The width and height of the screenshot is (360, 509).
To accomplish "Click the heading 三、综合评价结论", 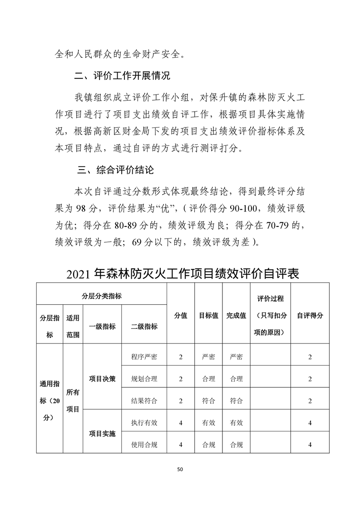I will point(116,170).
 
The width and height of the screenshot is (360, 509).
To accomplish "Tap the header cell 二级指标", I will point(144,326).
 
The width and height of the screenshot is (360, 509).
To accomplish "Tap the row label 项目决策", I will point(102,379).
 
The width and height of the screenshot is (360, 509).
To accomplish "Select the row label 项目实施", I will point(102,434).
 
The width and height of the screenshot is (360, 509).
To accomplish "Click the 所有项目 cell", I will point(73,401).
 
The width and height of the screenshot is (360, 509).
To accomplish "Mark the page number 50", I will point(180,469).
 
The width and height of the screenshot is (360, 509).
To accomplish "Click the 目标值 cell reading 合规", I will point(208,445).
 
